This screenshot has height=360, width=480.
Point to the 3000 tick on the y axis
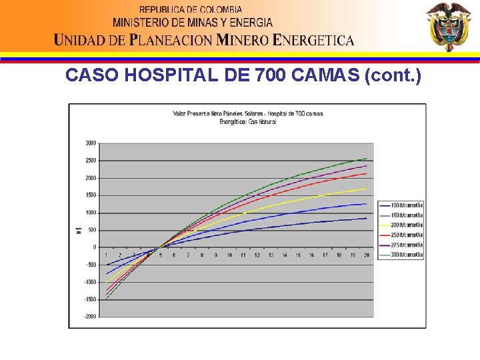click(90, 143)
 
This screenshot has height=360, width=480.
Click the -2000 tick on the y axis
click(89, 317)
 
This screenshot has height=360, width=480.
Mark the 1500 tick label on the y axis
click(90, 195)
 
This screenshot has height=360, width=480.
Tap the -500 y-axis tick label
click(90, 265)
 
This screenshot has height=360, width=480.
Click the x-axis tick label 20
click(367, 255)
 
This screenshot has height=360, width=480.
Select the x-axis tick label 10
click(229, 255)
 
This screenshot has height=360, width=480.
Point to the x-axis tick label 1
click(106, 255)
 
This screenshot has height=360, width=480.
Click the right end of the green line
click(367, 159)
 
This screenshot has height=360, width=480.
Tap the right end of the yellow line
click(367, 189)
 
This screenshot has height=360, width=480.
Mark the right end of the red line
click(367, 173)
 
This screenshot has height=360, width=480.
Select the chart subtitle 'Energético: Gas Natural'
click(248, 122)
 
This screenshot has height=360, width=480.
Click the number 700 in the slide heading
click(269, 75)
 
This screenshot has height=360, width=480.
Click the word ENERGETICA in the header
click(314, 40)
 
